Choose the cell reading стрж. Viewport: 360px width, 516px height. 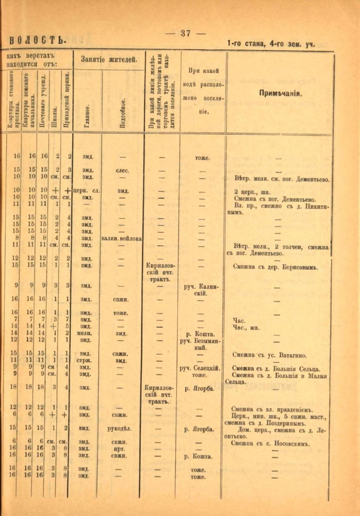click(86, 361)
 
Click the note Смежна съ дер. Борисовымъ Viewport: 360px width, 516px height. click(274, 265)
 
